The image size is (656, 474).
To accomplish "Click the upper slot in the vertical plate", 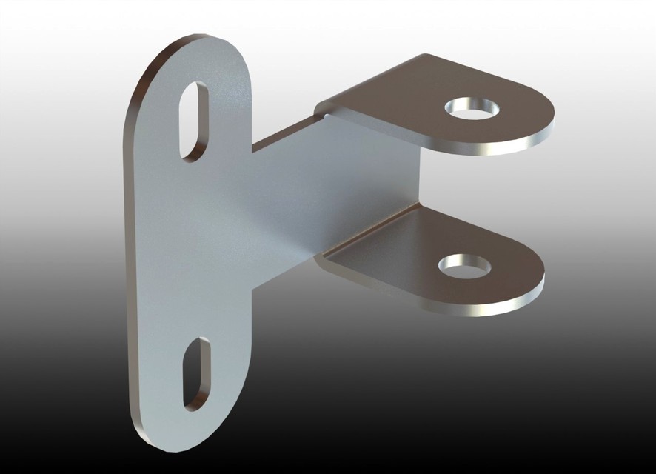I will pos(194,121).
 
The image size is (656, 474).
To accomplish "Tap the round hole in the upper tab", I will pos(472,109).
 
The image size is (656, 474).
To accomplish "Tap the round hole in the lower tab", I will pos(464,264).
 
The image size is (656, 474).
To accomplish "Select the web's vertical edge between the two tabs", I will pos(419,178).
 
